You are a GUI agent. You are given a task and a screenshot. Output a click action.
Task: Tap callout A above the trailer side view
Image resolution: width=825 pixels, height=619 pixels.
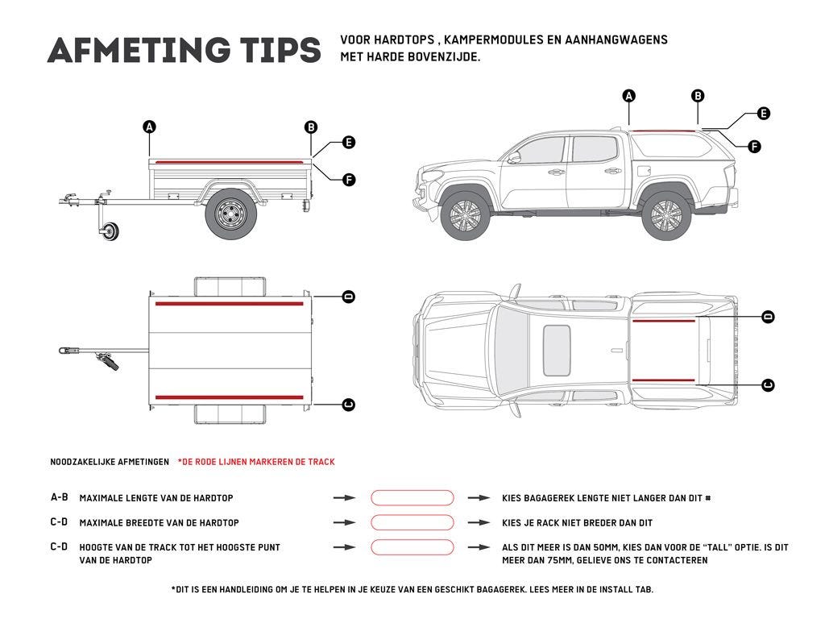(149, 127)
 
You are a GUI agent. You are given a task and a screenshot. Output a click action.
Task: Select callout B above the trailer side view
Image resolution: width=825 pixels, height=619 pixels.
(311, 127)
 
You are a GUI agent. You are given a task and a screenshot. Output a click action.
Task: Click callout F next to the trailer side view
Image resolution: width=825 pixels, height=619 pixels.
(349, 179)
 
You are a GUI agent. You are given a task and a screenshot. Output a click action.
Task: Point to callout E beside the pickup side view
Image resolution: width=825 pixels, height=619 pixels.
(763, 114)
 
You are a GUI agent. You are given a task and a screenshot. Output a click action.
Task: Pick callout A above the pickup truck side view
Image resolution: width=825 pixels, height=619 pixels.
(629, 96)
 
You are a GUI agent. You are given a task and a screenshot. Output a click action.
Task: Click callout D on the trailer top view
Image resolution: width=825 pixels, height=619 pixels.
(349, 297)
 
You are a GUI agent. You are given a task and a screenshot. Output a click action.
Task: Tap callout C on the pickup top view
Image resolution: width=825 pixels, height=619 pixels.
(768, 385)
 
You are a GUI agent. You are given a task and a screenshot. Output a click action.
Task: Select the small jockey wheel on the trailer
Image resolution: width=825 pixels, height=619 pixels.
(110, 232)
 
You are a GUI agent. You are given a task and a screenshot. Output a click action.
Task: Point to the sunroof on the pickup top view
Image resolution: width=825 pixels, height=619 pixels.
(557, 350)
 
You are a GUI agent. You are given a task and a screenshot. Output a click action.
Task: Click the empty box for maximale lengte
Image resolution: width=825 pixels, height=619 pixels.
(412, 498)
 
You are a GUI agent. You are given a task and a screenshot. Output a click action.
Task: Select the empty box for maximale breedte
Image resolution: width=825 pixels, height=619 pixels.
(412, 522)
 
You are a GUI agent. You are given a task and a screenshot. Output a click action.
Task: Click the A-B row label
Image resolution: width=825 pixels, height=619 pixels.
(59, 498)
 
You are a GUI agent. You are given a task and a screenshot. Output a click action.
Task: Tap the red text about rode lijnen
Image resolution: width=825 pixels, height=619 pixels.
(256, 462)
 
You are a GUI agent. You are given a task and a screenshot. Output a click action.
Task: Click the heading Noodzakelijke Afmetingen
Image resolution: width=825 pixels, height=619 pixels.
(110, 462)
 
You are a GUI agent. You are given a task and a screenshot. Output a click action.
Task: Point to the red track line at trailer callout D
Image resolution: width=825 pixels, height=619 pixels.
(230, 304)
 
